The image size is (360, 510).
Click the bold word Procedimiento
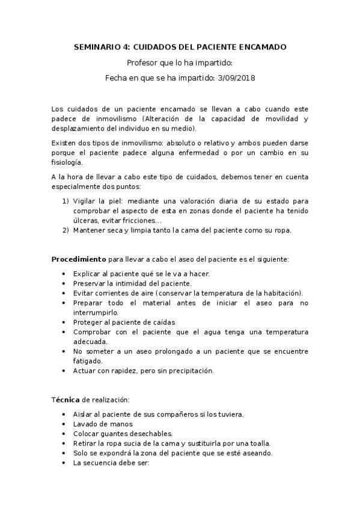[78, 259]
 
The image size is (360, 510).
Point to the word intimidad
[128, 283]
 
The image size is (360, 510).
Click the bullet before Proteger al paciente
[65, 322]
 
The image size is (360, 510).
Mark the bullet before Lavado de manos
[65, 423]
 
